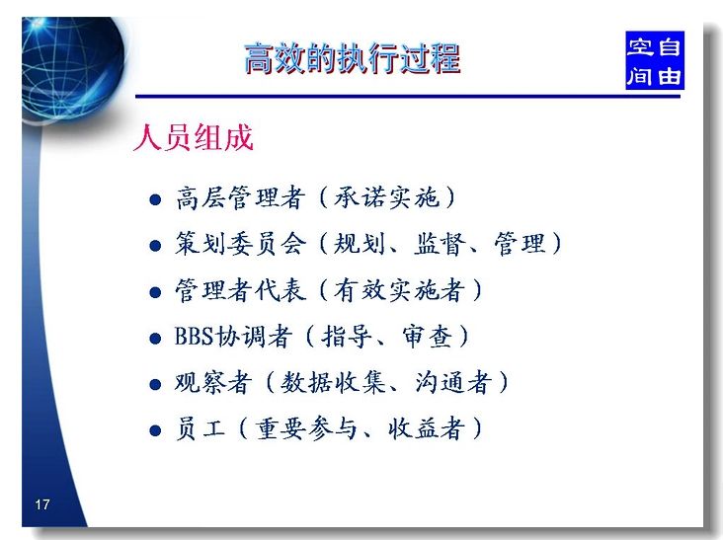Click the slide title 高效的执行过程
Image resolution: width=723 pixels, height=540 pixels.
coord(353,58)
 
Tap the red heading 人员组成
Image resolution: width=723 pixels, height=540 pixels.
coord(194,137)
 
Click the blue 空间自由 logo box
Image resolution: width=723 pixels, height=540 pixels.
coord(654,60)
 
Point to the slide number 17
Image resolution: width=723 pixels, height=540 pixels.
coord(41,504)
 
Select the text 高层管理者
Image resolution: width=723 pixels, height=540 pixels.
coord(240,198)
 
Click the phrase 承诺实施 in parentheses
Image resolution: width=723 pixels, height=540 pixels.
coord(386,197)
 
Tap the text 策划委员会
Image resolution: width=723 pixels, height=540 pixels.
coord(240,244)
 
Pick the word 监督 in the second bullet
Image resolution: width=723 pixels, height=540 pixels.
coord(440,244)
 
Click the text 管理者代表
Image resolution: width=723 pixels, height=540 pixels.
coord(240,290)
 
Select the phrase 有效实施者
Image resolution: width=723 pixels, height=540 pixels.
coord(399,290)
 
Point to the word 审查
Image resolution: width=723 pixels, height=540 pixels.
coord(428,337)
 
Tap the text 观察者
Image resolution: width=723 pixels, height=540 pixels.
coord(213,382)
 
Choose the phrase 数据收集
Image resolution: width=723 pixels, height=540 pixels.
coord(333,382)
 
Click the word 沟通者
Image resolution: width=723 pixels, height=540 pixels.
coord(453,382)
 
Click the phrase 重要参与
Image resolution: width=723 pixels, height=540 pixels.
coord(306,428)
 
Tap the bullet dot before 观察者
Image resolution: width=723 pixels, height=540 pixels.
coord(155,384)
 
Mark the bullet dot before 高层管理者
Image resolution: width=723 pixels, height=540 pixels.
coord(155,199)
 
